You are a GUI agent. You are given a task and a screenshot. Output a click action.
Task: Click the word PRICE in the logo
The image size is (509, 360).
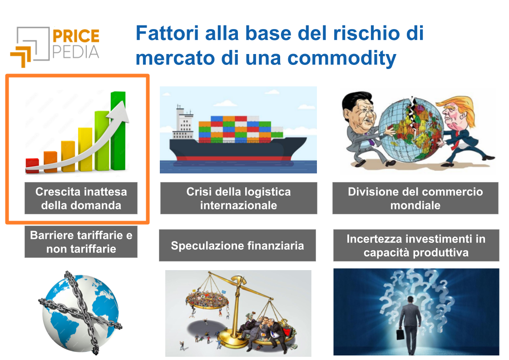76,36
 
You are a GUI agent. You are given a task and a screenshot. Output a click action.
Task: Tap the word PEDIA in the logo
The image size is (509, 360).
76,52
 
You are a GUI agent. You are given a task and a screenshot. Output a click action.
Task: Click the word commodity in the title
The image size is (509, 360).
342,58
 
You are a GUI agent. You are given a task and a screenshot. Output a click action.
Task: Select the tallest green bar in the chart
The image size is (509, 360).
118,131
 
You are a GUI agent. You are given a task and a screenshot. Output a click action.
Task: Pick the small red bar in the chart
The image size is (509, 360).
32,166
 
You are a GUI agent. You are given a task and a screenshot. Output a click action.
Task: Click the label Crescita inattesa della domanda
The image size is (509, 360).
81,198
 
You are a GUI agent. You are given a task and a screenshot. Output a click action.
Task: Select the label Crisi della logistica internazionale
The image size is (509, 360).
238,198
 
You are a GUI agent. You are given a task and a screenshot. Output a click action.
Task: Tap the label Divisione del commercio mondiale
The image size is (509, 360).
415,198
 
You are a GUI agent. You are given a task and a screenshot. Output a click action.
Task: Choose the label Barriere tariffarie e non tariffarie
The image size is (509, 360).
81,242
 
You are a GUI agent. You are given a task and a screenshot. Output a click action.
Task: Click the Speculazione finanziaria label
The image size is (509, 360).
237,246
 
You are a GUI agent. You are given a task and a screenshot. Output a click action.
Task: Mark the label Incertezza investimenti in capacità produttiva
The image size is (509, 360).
416,246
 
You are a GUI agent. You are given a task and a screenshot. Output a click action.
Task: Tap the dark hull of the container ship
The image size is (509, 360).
237,149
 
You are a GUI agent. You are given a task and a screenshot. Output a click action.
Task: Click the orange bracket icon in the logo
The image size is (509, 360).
21,57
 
